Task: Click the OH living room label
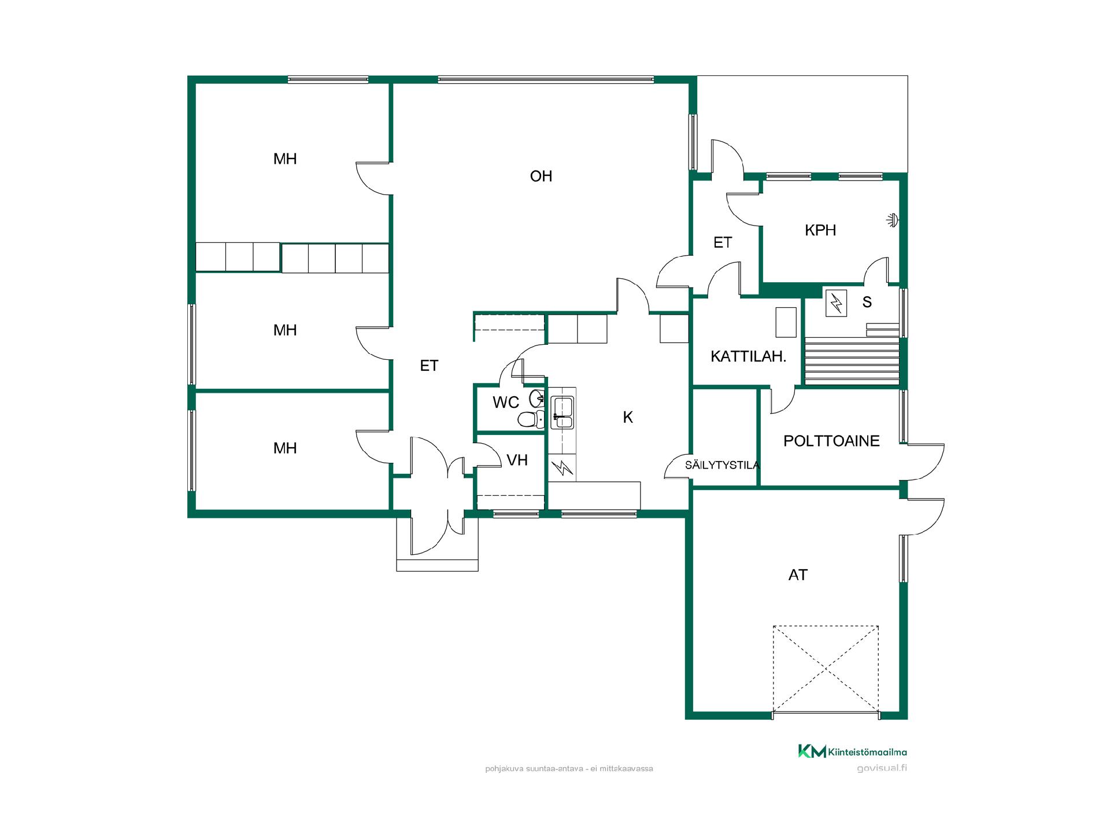coord(541,176)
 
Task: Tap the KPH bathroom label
coord(820,230)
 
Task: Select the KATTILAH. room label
coord(749,356)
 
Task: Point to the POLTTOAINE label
coord(831,441)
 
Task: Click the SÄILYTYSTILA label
coord(722,465)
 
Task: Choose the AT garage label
coord(798,575)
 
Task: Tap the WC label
coord(506,402)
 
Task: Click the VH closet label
coord(517,460)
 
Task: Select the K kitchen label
coord(628,417)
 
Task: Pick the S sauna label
coord(867,302)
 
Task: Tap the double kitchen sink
coord(562,412)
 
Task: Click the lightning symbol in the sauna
coord(836,303)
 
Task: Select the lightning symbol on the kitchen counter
coord(563,467)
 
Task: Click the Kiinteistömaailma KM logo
coord(852,751)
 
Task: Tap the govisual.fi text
coord(882,768)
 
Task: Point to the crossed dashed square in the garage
coord(826,669)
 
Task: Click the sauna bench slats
coord(852,360)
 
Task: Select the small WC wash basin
coord(537,397)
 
